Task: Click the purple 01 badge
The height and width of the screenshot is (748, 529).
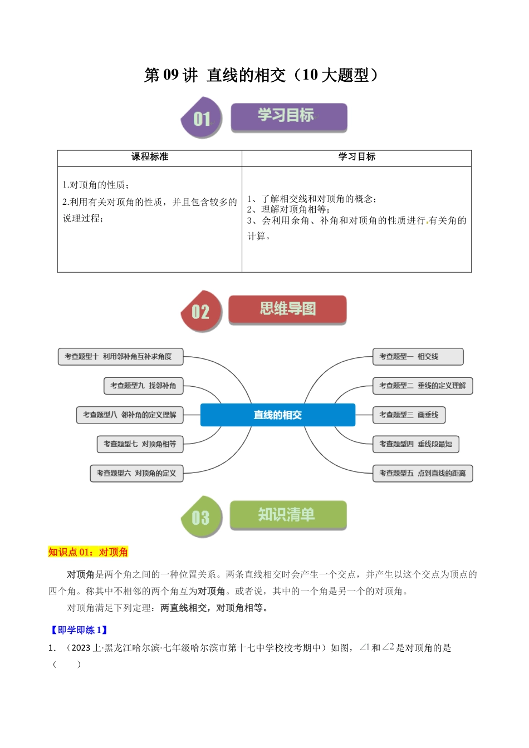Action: coord(202,118)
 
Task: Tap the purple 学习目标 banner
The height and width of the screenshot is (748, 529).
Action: coord(288,117)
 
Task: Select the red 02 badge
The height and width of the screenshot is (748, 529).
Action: coord(201,311)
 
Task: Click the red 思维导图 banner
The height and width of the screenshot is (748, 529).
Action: coord(287,309)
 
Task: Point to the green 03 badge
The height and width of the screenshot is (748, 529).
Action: coord(201,518)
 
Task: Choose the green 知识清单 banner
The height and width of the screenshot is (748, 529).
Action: coord(288,515)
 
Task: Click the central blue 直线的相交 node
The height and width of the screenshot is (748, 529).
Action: coord(277,415)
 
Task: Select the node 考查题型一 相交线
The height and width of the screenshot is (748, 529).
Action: coord(417,357)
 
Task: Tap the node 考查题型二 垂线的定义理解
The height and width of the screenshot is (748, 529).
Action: coord(422,386)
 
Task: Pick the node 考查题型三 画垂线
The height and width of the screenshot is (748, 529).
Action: coord(409,415)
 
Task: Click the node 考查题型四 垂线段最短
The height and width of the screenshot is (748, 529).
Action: coord(415,444)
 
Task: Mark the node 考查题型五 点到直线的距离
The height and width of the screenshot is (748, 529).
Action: coord(422,473)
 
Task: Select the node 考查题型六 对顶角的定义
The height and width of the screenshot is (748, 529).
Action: coord(136,473)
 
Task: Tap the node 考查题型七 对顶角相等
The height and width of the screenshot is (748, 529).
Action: coord(140,444)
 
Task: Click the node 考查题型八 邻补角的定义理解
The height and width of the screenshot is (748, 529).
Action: coord(130,415)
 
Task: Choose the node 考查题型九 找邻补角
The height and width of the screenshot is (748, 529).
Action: coord(143,386)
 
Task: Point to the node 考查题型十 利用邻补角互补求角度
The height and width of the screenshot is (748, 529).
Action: coord(120,357)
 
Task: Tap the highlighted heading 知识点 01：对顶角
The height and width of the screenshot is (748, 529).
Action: coord(88,552)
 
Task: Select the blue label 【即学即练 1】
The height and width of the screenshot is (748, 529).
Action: coord(79,630)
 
